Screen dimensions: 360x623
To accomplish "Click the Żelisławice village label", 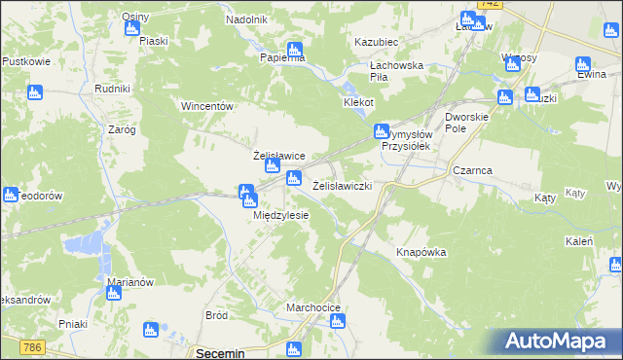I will pyautogui.click(x=279, y=156).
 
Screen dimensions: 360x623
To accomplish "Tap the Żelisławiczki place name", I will pyautogui.click(x=343, y=185).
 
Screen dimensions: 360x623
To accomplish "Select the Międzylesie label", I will pyautogui.click(x=280, y=216).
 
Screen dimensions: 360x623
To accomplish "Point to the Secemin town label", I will pyautogui.click(x=220, y=353).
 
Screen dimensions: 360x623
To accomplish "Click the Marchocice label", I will pyautogui.click(x=312, y=307).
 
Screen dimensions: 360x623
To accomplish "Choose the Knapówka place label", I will pyautogui.click(x=421, y=252).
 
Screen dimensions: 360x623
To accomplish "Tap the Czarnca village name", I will pyautogui.click(x=472, y=170).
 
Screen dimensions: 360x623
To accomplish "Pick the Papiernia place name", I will pyautogui.click(x=282, y=57).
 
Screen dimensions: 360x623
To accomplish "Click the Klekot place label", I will pyautogui.click(x=358, y=102).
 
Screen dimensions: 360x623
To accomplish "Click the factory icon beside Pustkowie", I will pyautogui.click(x=34, y=92).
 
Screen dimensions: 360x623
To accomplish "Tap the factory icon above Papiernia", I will pyautogui.click(x=294, y=49).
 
